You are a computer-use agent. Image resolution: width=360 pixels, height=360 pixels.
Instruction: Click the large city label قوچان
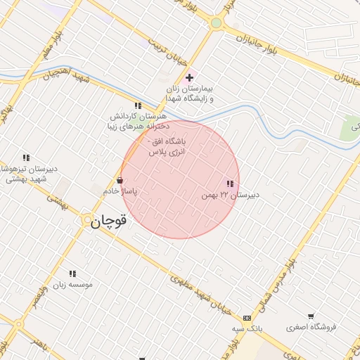(x=109, y=221)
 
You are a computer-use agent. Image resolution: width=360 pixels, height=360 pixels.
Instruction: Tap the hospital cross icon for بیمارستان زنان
(x=189, y=77)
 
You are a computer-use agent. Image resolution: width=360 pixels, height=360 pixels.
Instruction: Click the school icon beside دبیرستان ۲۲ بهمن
(x=230, y=184)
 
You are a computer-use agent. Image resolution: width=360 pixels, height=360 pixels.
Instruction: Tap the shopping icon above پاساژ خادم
(x=120, y=180)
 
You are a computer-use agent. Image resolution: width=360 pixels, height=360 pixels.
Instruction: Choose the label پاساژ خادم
(x=120, y=191)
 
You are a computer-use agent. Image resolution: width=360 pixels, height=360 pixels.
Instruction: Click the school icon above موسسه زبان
(x=72, y=274)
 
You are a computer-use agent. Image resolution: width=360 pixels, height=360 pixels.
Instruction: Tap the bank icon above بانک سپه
(x=246, y=317)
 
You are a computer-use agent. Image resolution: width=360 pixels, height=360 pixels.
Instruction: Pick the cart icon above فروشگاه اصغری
(x=311, y=316)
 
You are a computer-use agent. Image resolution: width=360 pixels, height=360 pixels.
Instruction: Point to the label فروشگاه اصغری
(x=311, y=327)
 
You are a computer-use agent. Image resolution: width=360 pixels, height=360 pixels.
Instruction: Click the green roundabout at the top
(x=216, y=23)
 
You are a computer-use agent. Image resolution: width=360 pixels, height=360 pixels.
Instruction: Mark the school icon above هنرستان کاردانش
(x=138, y=105)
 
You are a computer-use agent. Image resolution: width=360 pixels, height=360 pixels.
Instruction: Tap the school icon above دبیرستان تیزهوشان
(x=26, y=157)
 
